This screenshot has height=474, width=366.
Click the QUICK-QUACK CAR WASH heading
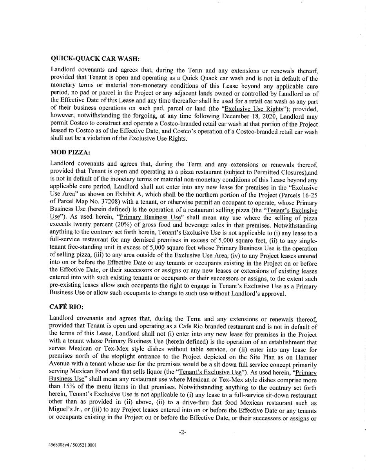95,59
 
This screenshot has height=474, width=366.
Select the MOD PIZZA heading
70,153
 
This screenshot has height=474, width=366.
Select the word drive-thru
179,403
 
